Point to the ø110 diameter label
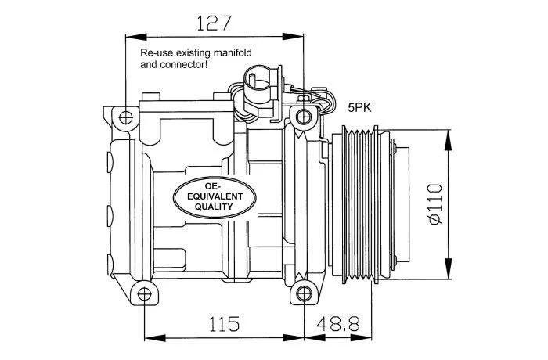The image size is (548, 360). point(435,204)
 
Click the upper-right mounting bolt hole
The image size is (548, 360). point(303,118)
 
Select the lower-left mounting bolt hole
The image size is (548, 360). point(143,294)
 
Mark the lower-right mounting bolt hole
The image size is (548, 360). point(303,294)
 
